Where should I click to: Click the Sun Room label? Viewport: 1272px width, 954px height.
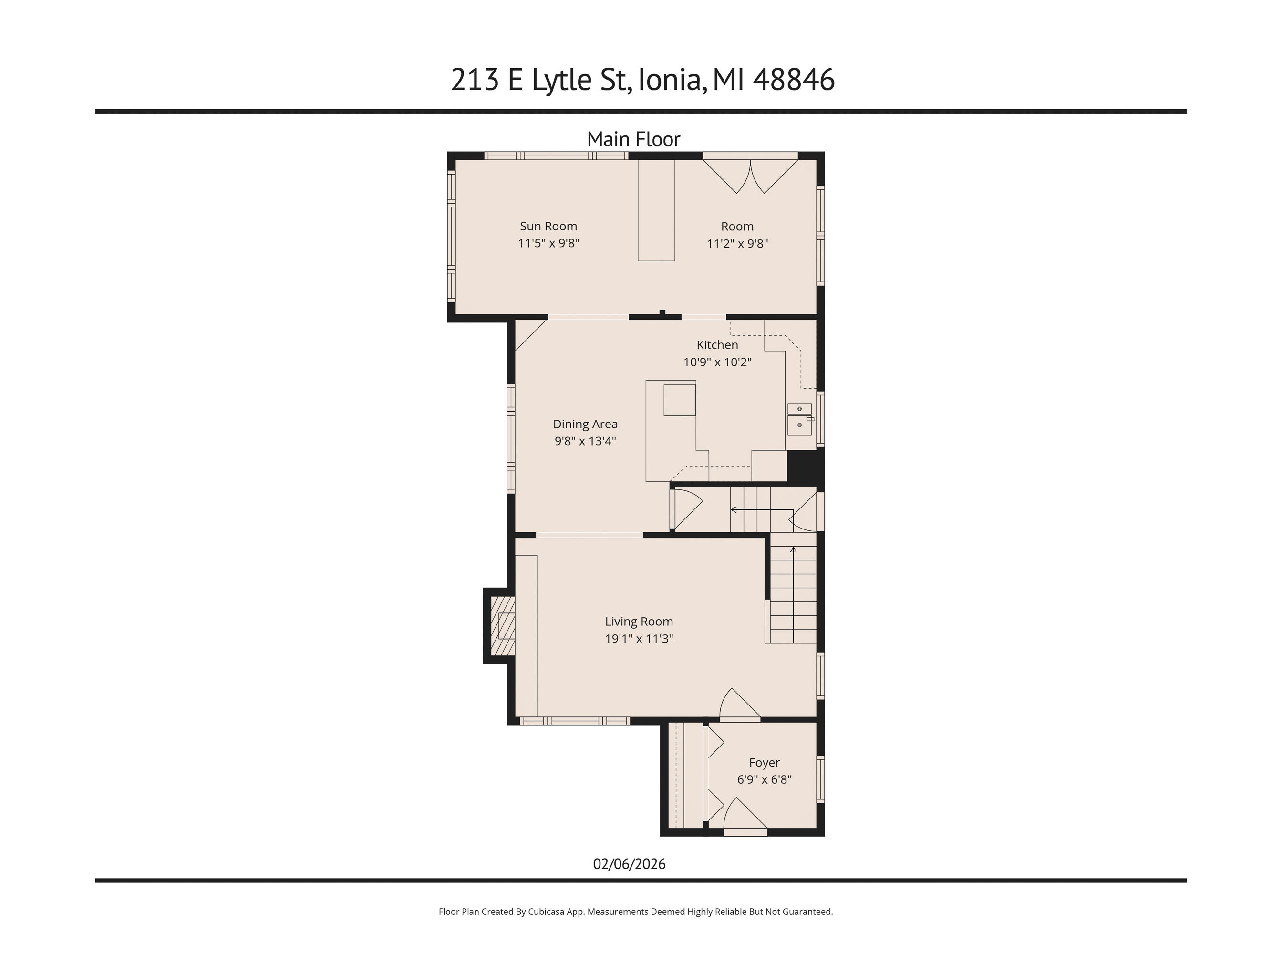click(548, 226)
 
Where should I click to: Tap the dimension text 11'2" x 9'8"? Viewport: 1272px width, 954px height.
click(737, 243)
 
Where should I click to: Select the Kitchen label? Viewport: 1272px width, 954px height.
click(717, 345)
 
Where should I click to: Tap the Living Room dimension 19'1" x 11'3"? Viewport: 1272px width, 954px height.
click(639, 638)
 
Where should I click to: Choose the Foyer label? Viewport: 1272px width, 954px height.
click(764, 763)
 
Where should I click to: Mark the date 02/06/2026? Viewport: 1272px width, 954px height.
click(629, 864)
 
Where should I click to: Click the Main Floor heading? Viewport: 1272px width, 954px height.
click(633, 139)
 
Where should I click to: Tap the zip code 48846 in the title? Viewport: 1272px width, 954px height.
click(794, 80)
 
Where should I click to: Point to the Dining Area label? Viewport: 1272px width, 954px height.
click(585, 425)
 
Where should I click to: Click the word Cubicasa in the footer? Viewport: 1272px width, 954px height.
click(547, 912)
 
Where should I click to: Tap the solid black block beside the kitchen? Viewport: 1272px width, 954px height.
click(805, 466)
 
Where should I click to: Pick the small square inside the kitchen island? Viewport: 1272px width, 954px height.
click(679, 400)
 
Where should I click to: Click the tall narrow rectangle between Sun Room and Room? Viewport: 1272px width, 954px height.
click(656, 210)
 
